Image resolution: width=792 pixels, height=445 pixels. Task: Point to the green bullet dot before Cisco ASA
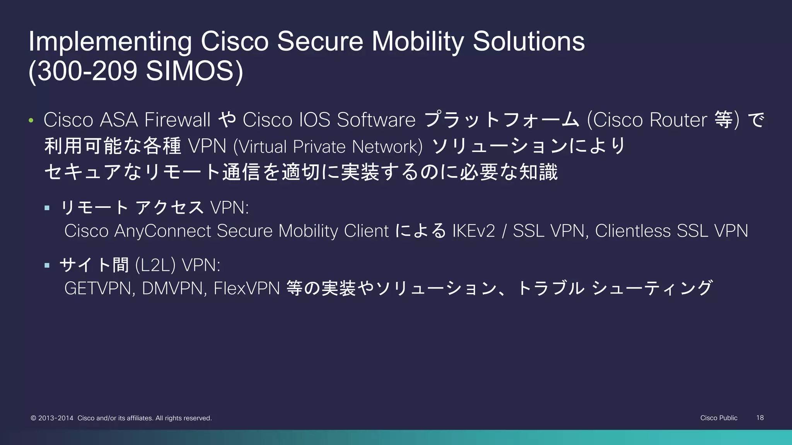[x=31, y=121]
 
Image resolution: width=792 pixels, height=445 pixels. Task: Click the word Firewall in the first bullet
[x=177, y=120]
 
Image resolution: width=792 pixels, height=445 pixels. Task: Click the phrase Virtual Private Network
[x=328, y=147]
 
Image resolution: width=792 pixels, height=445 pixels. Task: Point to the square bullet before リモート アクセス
[x=47, y=208]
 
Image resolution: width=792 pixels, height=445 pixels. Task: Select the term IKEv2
[x=473, y=231]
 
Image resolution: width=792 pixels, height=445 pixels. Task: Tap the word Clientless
[x=633, y=231]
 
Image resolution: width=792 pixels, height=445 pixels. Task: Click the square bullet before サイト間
[x=47, y=265]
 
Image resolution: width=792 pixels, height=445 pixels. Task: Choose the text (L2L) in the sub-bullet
[x=155, y=265]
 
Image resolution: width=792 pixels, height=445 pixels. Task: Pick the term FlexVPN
[x=246, y=289]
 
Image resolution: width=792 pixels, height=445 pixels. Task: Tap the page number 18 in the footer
[x=760, y=418]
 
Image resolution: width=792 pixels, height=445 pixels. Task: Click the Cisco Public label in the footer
[x=719, y=418]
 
